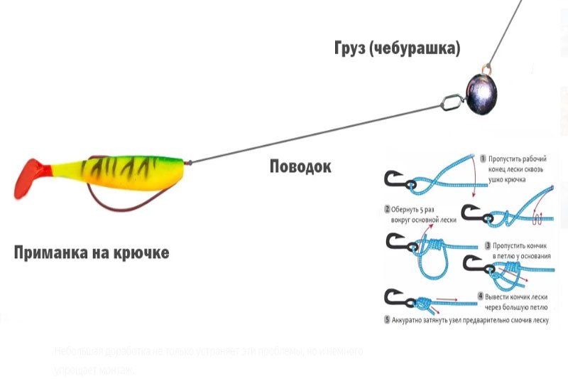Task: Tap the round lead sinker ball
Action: [x=481, y=91]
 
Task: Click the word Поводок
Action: [x=300, y=166]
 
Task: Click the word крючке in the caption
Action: [x=144, y=252]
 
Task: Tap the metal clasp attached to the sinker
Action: [x=452, y=102]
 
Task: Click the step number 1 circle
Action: [x=483, y=159]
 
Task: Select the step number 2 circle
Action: [x=387, y=210]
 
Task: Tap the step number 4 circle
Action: [x=481, y=295]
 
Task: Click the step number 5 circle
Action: [x=387, y=321]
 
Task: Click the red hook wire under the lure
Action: [x=106, y=200]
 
